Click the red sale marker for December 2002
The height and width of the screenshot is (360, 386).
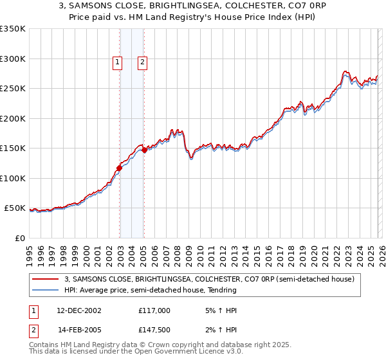[119, 168]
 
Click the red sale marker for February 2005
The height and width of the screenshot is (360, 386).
[144, 150]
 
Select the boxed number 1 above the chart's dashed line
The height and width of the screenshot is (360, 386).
[118, 62]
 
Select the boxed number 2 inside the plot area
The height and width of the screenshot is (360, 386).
[142, 62]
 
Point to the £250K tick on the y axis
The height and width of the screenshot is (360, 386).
[13, 89]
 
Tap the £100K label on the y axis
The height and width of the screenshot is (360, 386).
[13, 178]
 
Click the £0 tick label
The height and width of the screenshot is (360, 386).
[19, 238]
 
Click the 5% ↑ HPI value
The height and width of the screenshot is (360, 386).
[220, 310]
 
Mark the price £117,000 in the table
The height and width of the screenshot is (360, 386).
[154, 310]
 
